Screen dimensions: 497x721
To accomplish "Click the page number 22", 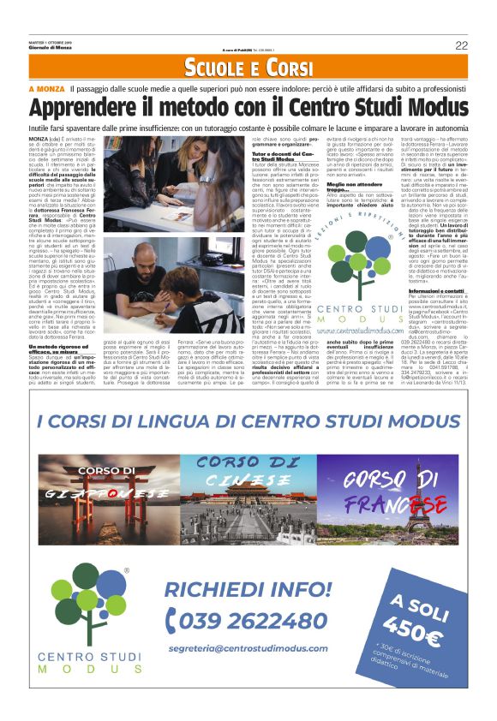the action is pyautogui.click(x=461, y=45).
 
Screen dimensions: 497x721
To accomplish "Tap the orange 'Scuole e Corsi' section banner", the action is pyautogui.click(x=248, y=68).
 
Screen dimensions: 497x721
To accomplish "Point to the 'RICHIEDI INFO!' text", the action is pyautogui.click(x=248, y=590).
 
